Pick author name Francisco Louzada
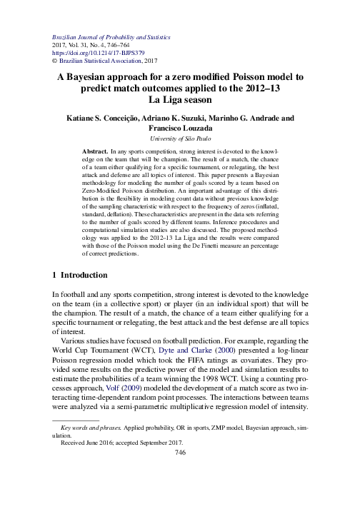(x=179, y=128)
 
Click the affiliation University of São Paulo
(x=179, y=140)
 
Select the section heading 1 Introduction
(x=81, y=275)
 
